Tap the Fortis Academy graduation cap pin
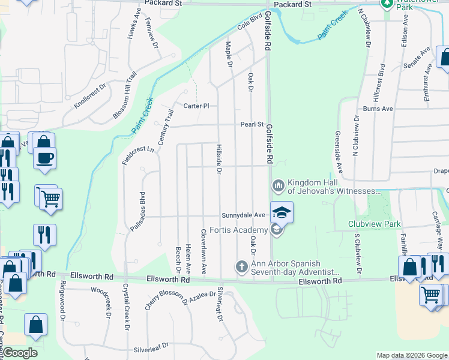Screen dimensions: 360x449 pos(282,211)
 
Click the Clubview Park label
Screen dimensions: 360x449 pos(374,224)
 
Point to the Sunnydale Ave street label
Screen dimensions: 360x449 pos(243,215)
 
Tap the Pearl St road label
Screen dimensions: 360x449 pos(252,125)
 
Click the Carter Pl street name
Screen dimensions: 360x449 pos(196,106)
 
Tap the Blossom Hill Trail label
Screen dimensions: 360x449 pos(125,96)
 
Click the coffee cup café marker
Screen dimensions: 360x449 pos(46,158)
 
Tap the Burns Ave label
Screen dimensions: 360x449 pos(378,109)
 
